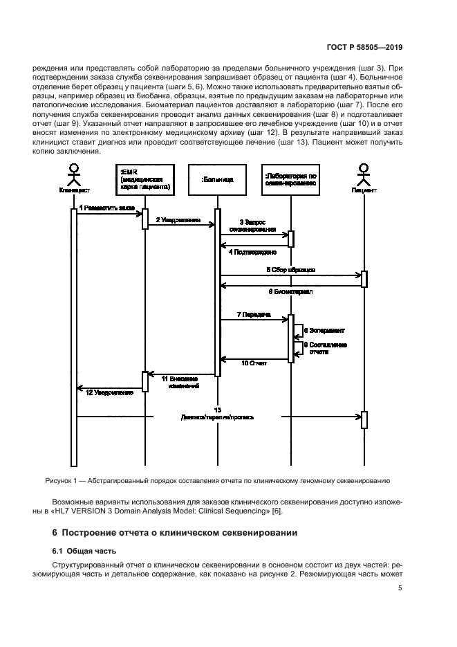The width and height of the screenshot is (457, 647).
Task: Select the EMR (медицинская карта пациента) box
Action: click(145, 179)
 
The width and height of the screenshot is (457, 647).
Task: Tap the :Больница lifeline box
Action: click(217, 179)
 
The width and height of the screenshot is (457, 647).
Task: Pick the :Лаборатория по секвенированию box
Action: click(291, 179)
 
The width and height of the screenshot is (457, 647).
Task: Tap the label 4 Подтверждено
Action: click(253, 252)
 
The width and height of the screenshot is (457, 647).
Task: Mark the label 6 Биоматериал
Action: click(290, 292)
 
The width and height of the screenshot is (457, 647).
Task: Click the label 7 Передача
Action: click(253, 314)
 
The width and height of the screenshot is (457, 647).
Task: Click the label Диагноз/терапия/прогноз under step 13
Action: click(218, 418)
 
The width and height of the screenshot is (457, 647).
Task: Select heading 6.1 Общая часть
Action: click(82, 551)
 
